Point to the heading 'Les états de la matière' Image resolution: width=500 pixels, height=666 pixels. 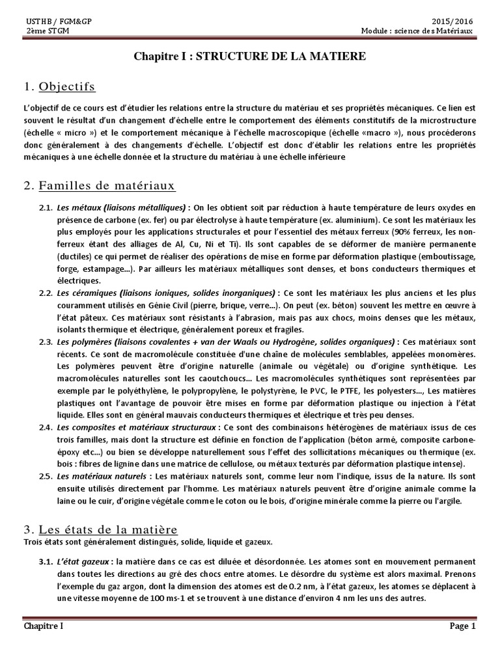[108, 529]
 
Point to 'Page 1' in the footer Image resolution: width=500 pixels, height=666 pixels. [464, 626]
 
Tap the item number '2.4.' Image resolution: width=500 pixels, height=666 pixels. [45, 427]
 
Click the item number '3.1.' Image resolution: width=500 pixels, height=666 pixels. [45, 561]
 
